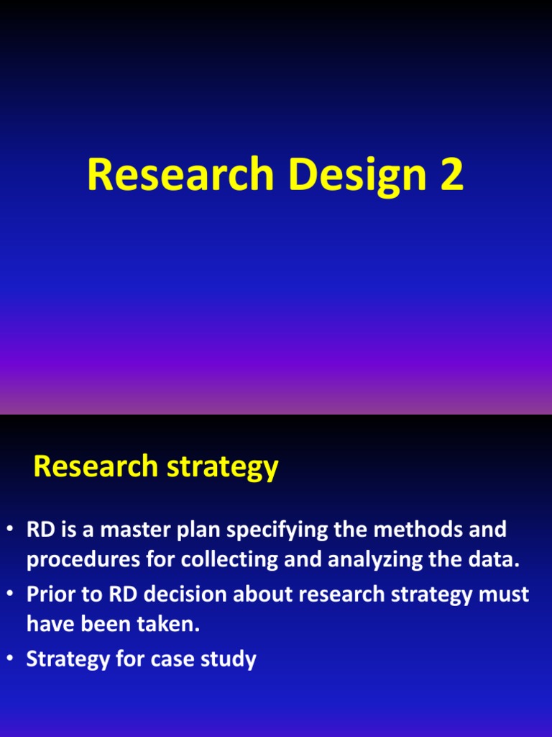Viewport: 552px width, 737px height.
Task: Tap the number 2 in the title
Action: pyautogui.click(x=451, y=175)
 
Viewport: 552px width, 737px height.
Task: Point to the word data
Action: pyautogui.click(x=495, y=561)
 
